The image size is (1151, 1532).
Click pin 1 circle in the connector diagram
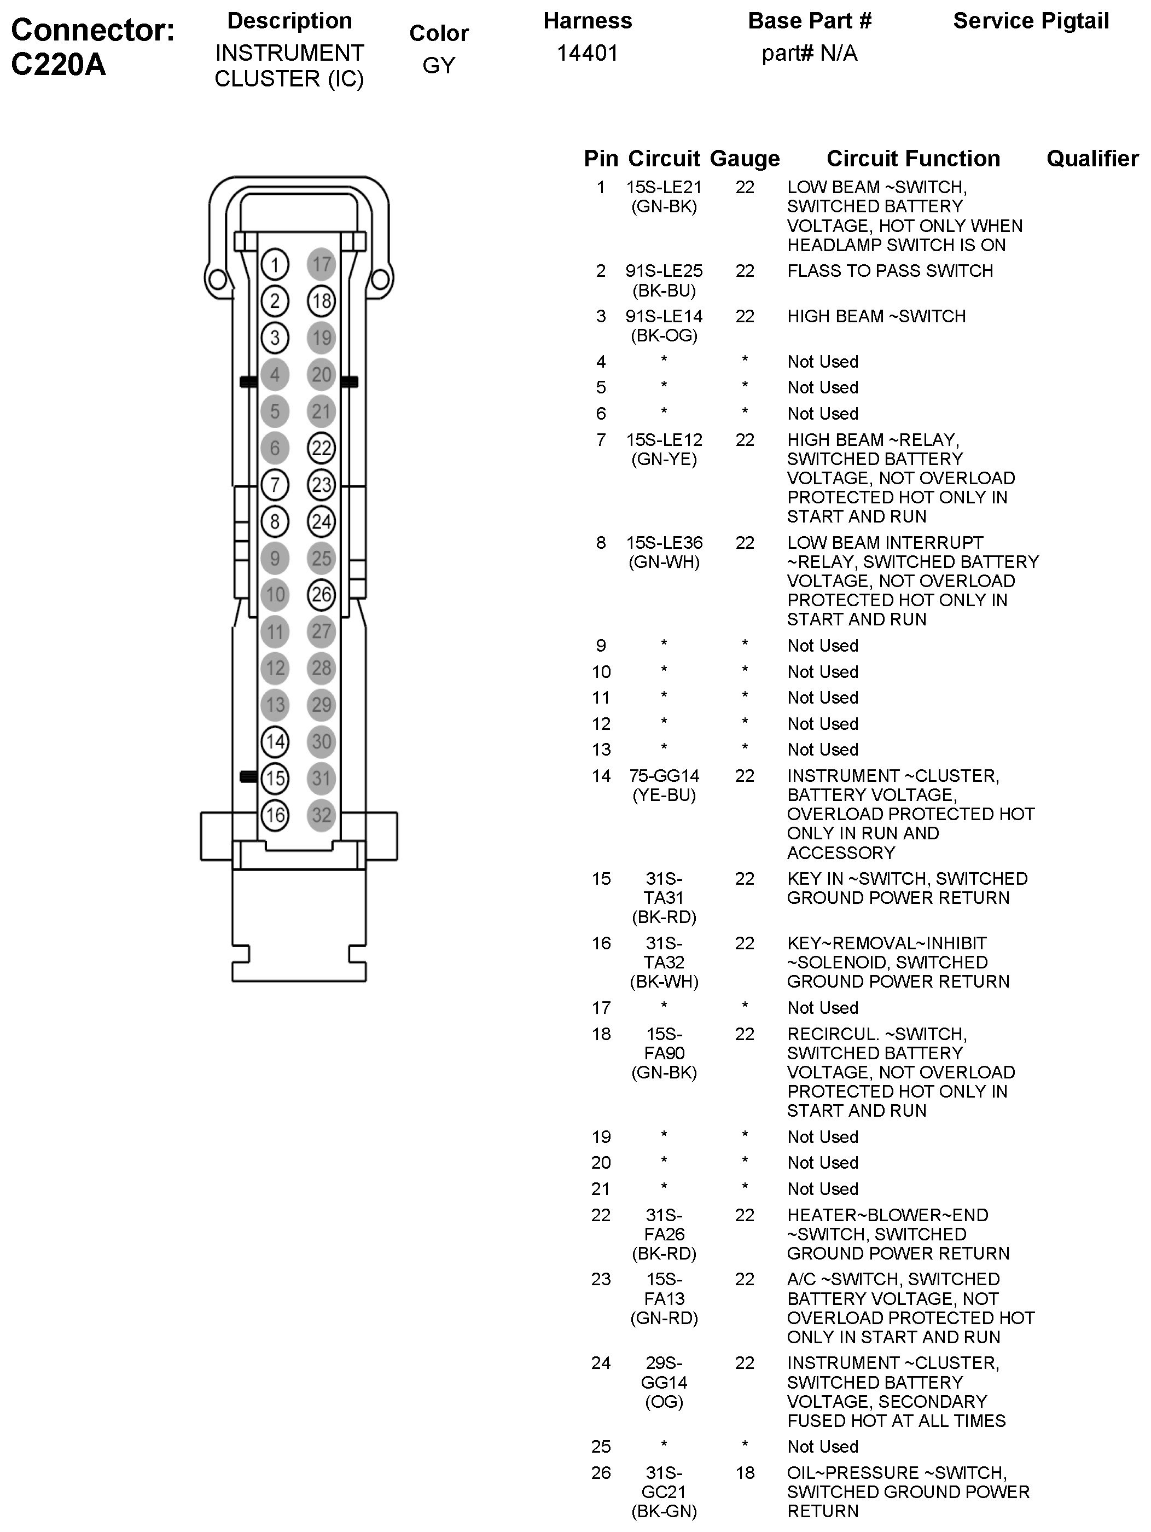(x=275, y=265)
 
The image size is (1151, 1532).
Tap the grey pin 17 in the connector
(x=321, y=265)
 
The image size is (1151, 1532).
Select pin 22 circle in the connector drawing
(x=321, y=448)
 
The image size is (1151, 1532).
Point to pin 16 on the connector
(x=275, y=815)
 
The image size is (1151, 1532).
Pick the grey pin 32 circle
(x=321, y=815)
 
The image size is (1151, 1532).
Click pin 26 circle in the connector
(x=321, y=594)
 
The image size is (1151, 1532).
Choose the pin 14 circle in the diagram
(x=275, y=742)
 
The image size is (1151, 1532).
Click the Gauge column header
(x=745, y=159)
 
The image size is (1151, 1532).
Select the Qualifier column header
(x=1092, y=159)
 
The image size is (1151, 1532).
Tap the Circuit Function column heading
(x=913, y=159)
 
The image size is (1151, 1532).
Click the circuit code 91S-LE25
(x=664, y=271)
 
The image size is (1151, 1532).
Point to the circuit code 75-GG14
(x=664, y=776)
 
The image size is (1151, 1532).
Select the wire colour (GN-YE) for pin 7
(x=664, y=459)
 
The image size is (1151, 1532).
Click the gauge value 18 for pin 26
(x=745, y=1472)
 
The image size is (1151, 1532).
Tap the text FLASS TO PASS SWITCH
(x=890, y=271)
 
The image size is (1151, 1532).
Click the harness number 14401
(x=588, y=53)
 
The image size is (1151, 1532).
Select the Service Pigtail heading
(x=1031, y=21)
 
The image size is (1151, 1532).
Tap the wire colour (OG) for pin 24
(x=664, y=1402)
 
